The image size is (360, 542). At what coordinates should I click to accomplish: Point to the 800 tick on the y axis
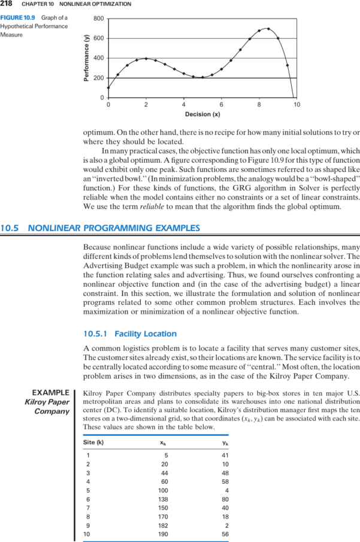pyautogui.click(x=99, y=19)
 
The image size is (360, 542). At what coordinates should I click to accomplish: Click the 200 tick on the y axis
pyautogui.click(x=99, y=78)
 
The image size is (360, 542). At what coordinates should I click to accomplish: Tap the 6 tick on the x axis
pyautogui.click(x=222, y=104)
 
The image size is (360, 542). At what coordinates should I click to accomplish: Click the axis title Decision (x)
pyautogui.click(x=202, y=114)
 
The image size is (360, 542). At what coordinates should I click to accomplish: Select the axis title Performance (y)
pyautogui.click(x=86, y=57)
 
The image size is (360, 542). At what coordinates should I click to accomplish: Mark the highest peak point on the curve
pyautogui.click(x=268, y=28)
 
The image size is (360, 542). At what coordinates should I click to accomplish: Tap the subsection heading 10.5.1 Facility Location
pyautogui.click(x=130, y=334)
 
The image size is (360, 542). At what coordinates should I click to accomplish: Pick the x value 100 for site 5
pyautogui.click(x=162, y=490)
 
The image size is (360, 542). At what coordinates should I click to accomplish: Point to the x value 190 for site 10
pyautogui.click(x=162, y=532)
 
